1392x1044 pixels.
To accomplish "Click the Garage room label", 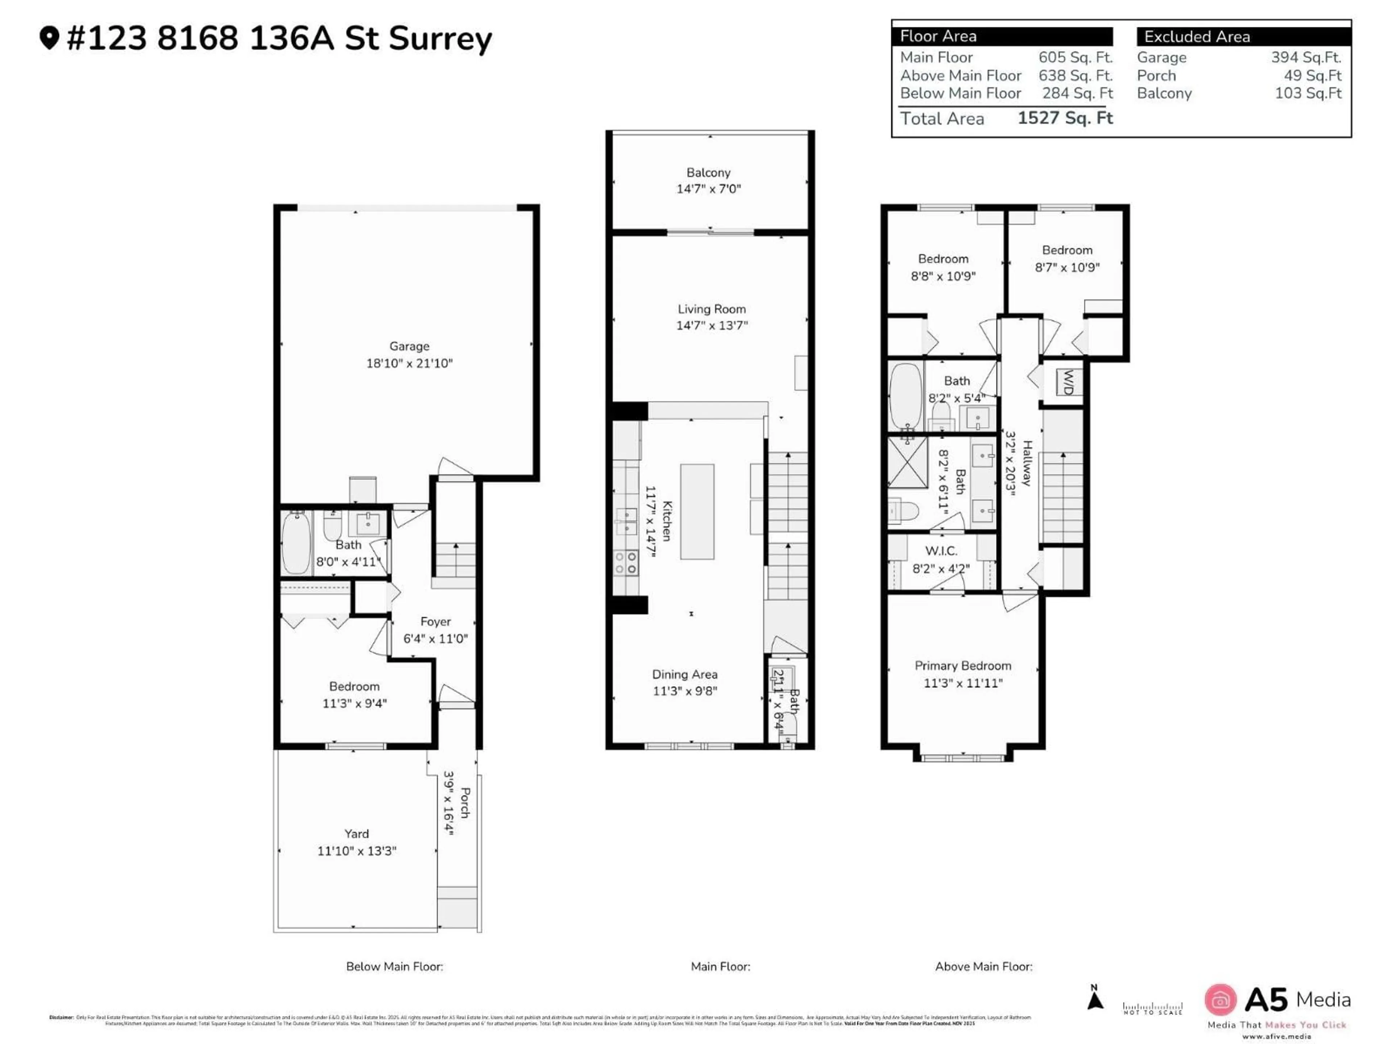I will coord(409,346).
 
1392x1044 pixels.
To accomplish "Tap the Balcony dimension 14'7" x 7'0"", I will coord(709,189).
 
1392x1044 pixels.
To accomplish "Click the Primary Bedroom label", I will coord(963,666).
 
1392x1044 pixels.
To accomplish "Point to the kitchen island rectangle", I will coord(697,511).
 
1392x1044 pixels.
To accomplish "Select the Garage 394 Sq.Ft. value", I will coord(1306,57).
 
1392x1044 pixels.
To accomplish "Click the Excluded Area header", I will coord(1197,37).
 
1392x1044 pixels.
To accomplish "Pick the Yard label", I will coord(356,834).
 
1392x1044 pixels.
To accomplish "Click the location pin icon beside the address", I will coord(49,38).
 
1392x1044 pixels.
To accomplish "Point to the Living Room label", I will coord(712,309).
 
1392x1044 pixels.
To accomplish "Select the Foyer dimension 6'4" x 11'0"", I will coord(435,639).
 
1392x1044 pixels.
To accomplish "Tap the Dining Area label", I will coord(685,675).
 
